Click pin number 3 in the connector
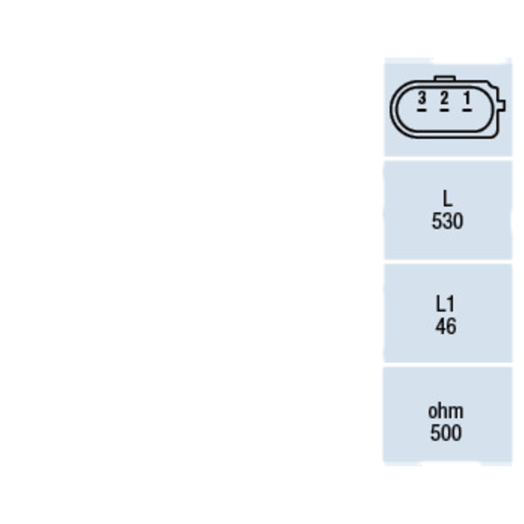(x=422, y=98)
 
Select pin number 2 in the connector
(x=444, y=98)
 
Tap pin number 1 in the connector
(x=467, y=98)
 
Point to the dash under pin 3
(x=422, y=110)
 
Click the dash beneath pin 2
(x=444, y=110)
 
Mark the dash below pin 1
(x=467, y=110)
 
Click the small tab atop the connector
(x=445, y=79)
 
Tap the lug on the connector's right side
(x=502, y=105)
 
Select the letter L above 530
(x=447, y=198)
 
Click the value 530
(x=447, y=221)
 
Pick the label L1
(x=445, y=304)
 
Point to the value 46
(x=446, y=326)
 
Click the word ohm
(x=446, y=411)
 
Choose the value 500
(x=446, y=433)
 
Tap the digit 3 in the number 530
(x=447, y=221)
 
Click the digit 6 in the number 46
(x=451, y=326)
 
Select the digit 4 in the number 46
(x=441, y=326)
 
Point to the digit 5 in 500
(x=435, y=433)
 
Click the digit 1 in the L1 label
(x=451, y=304)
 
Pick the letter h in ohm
(x=443, y=411)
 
